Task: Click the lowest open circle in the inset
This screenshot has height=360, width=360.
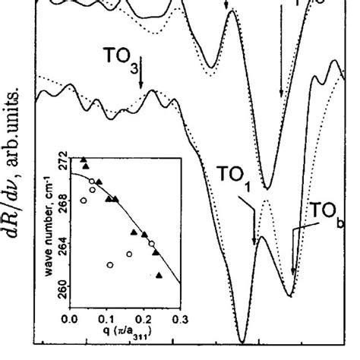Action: click(111, 265)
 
